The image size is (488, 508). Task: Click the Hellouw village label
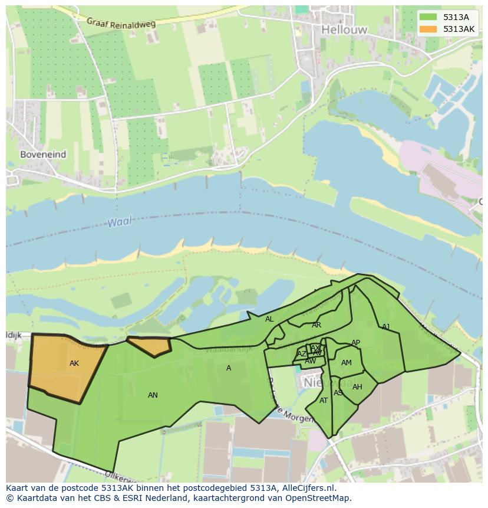pos(344,30)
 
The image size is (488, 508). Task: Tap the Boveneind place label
pos(43,154)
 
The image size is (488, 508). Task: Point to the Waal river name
pos(120,222)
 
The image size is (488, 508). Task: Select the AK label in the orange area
pos(74,363)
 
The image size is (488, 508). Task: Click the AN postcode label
pos(153,395)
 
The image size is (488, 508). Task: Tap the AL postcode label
pos(269,319)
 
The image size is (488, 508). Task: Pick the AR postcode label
pos(316,325)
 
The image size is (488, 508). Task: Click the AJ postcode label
pos(386,327)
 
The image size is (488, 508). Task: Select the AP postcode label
pos(355,343)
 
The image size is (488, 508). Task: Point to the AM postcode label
pos(347,363)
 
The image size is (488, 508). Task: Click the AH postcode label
pos(357,387)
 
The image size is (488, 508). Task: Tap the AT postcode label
pos(324,401)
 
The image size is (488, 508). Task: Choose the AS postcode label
pos(338,393)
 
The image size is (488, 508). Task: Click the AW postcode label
pos(310,361)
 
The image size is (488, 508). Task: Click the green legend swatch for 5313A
pos(428,17)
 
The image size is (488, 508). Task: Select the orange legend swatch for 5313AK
pos(428,29)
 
